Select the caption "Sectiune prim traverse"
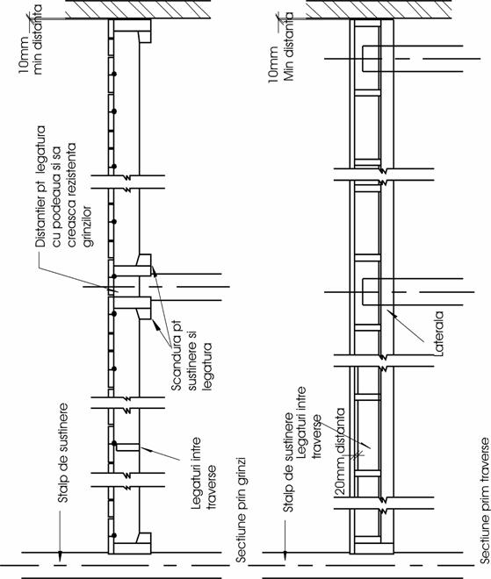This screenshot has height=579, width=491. pos(485,500)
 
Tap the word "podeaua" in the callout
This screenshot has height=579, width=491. pos(56,198)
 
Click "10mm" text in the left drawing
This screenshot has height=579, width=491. pos(23,55)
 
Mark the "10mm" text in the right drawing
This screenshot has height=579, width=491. pos(273,64)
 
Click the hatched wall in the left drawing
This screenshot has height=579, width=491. pos(138,10)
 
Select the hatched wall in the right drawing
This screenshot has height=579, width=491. pos(379,10)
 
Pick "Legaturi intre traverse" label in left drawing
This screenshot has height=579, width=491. pos(203,474)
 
